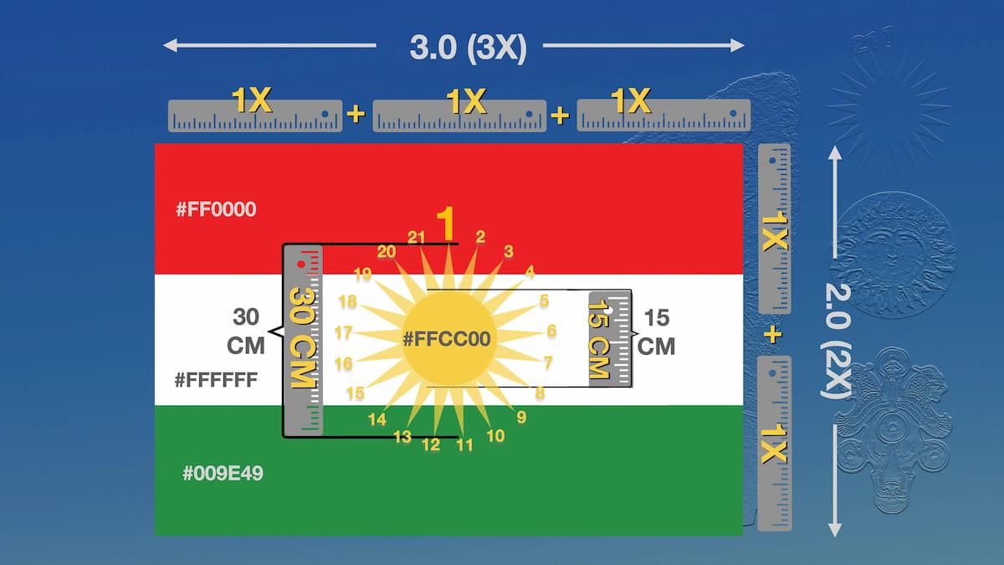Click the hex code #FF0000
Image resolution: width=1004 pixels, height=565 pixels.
point(216,209)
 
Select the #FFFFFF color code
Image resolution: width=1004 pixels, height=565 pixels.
point(216,380)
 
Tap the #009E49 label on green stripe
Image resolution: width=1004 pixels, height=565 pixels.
point(223,473)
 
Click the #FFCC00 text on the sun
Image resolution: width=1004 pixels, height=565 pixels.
point(447,339)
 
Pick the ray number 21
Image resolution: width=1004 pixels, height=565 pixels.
point(416,237)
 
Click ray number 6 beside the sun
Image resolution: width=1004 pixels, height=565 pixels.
point(551,331)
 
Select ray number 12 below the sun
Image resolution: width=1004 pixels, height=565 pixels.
point(431,444)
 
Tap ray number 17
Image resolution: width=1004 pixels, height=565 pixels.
point(343,332)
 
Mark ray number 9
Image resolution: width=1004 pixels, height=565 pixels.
point(521,417)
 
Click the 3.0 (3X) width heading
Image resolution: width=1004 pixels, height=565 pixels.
point(469,48)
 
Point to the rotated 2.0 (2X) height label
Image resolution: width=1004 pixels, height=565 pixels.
point(837,341)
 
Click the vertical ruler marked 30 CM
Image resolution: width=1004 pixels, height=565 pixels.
point(303,341)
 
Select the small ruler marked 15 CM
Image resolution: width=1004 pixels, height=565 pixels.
point(610,339)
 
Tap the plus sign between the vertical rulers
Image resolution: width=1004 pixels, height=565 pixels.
point(773,335)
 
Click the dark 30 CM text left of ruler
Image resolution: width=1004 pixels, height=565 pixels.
point(246,331)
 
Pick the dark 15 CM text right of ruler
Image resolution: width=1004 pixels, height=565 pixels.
point(656,332)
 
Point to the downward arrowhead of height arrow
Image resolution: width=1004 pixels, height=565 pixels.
point(835,530)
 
